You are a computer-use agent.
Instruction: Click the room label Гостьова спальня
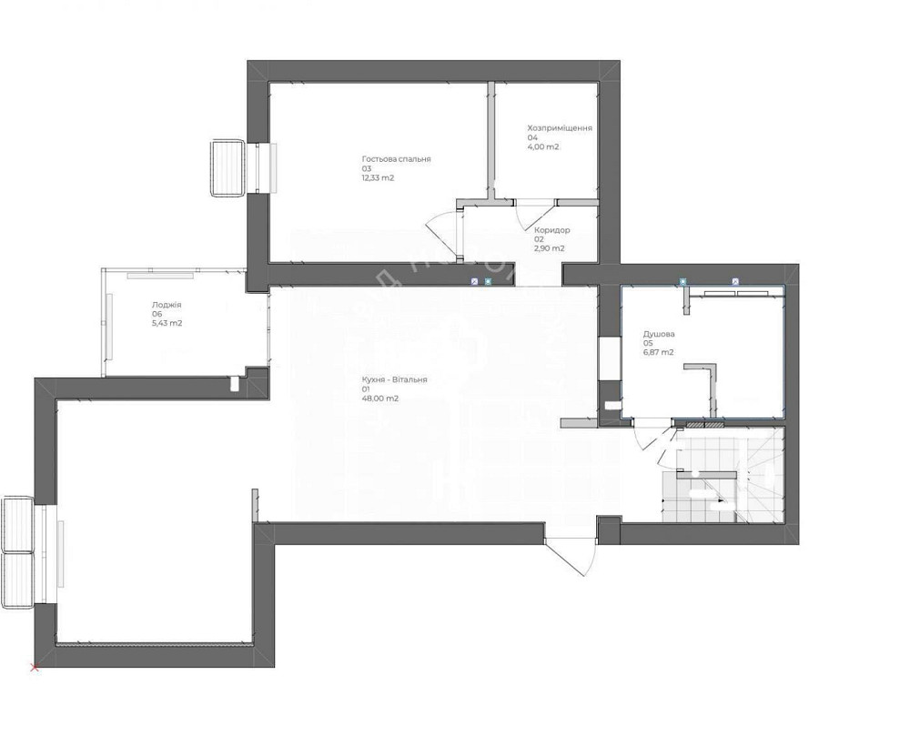396,159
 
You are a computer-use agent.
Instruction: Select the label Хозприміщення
560,128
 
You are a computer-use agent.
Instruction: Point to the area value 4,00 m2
543,146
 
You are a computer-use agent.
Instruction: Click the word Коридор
552,230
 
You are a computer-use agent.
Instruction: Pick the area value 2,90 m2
549,248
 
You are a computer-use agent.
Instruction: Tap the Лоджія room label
167,306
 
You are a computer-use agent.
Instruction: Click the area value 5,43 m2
167,323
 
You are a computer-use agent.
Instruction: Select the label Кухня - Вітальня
393,380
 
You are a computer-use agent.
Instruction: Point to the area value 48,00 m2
380,398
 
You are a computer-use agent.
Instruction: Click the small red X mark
35,669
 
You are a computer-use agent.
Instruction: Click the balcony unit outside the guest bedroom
227,167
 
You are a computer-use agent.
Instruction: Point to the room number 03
366,169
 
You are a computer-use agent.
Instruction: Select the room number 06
157,315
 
